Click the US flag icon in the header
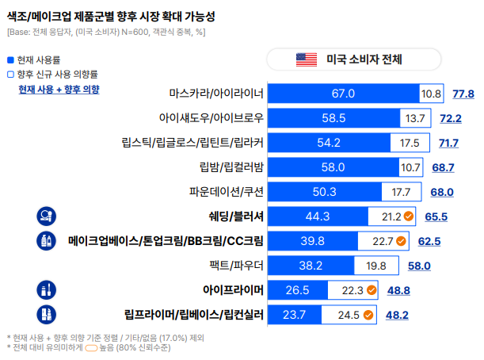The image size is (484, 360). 306,59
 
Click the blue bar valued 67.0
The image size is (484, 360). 343,94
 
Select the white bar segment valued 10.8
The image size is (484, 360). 431,94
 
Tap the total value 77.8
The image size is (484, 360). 463,94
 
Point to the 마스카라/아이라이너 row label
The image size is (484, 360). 215,94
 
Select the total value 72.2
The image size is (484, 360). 451,118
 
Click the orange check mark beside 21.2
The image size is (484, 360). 409,216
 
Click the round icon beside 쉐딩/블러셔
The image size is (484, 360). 46,216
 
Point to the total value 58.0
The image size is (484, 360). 419,265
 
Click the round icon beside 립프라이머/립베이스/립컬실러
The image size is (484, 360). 46,314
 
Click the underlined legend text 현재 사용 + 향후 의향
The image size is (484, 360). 59,90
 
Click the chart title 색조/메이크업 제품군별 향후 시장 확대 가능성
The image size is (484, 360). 110,16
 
